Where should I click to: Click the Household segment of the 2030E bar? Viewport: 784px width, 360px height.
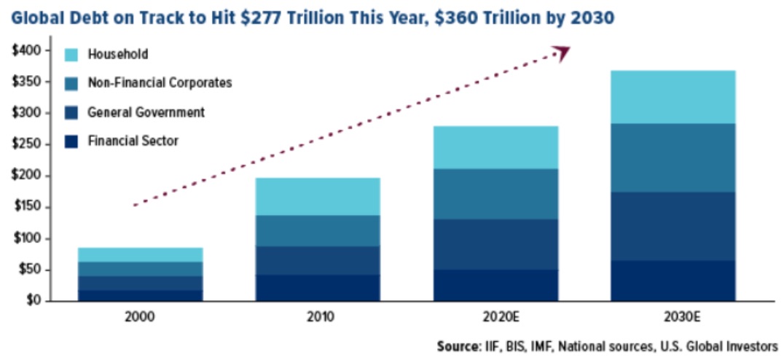click(x=673, y=97)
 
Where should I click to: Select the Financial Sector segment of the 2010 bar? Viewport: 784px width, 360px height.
click(x=318, y=287)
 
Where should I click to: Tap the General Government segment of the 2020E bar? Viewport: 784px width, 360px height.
click(x=495, y=244)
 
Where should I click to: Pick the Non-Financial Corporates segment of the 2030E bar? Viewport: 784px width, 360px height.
click(x=673, y=157)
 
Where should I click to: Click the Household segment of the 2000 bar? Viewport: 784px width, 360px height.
click(x=140, y=254)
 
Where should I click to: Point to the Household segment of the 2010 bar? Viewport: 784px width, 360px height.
click(x=318, y=196)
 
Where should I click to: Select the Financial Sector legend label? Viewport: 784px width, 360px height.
click(x=133, y=141)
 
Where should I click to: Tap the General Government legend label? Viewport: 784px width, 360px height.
click(x=146, y=112)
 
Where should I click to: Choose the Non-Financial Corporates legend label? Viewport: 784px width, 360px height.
click(x=160, y=82)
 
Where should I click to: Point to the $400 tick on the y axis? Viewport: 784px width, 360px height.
click(x=31, y=50)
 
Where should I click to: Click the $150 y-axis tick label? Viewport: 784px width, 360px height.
click(x=31, y=207)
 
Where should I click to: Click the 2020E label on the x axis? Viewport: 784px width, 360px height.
click(x=495, y=318)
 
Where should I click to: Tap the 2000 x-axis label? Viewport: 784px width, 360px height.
click(x=140, y=318)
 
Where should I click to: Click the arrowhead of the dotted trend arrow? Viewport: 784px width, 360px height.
click(x=561, y=52)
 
